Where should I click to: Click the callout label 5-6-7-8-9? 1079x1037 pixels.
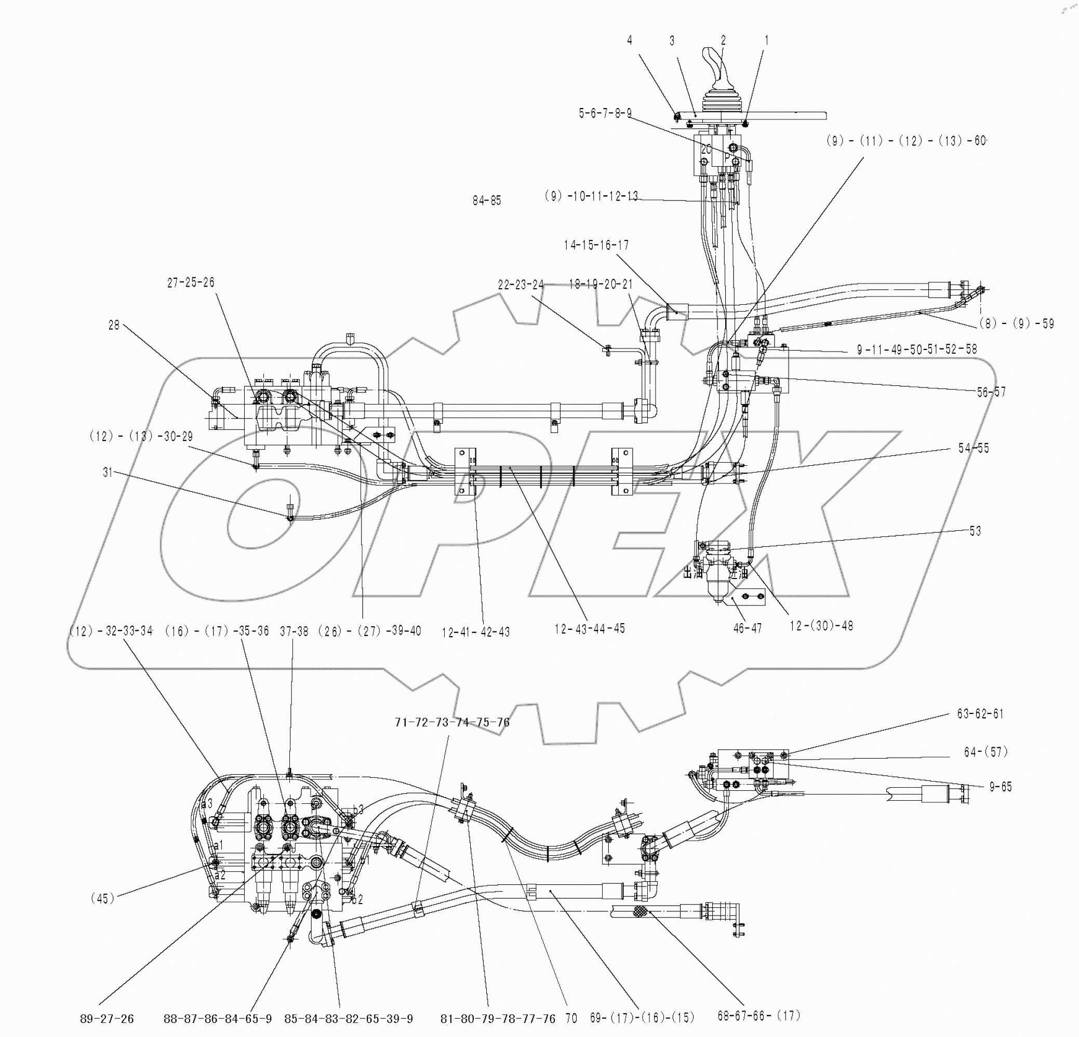click(x=605, y=113)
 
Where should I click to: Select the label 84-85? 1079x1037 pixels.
click(x=487, y=200)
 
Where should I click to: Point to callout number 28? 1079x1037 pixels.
click(x=113, y=325)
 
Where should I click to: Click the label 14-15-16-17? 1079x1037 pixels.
click(x=596, y=245)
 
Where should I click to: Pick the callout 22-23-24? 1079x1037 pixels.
click(x=520, y=285)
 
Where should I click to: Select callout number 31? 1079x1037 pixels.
click(x=108, y=472)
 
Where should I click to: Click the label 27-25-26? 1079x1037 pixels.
click(x=191, y=282)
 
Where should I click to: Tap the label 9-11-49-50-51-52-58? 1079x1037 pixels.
click(x=916, y=349)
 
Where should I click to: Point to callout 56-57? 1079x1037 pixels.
click(x=991, y=392)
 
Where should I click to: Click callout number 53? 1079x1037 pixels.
click(x=975, y=531)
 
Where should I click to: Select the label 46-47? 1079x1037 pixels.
click(x=747, y=628)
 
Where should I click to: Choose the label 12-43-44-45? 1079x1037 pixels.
click(x=589, y=628)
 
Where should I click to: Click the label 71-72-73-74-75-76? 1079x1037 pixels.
click(x=452, y=722)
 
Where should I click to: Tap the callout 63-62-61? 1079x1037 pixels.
click(x=980, y=713)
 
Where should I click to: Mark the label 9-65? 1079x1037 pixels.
click(x=1000, y=787)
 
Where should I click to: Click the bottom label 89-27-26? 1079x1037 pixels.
click(x=107, y=1019)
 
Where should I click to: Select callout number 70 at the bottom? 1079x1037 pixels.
click(x=571, y=1019)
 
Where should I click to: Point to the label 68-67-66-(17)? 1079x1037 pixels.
click(x=758, y=1016)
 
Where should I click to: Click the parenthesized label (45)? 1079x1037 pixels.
click(x=102, y=898)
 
